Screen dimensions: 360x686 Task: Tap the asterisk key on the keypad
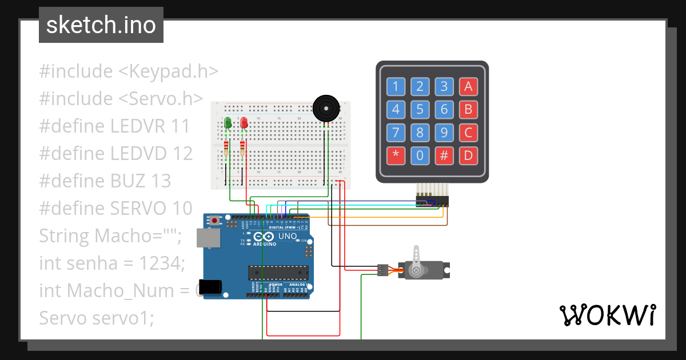[x=396, y=155]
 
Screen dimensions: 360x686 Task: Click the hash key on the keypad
[x=444, y=155]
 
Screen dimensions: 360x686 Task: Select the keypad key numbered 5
[x=420, y=109]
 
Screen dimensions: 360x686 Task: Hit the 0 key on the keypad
[x=420, y=155]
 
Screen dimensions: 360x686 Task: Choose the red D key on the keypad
[x=468, y=155]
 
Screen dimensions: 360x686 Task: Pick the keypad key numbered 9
[x=444, y=133]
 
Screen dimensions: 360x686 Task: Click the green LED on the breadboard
[x=228, y=122]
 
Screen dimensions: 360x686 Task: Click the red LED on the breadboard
[x=244, y=122]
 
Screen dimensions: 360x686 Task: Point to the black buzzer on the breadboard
[x=325, y=107]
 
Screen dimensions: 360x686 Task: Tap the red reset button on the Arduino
[x=215, y=221]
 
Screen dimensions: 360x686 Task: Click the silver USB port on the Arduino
[x=207, y=238]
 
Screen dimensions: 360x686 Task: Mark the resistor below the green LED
[x=228, y=148]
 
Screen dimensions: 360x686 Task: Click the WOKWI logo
[x=607, y=315]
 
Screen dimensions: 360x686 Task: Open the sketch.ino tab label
[x=101, y=25]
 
